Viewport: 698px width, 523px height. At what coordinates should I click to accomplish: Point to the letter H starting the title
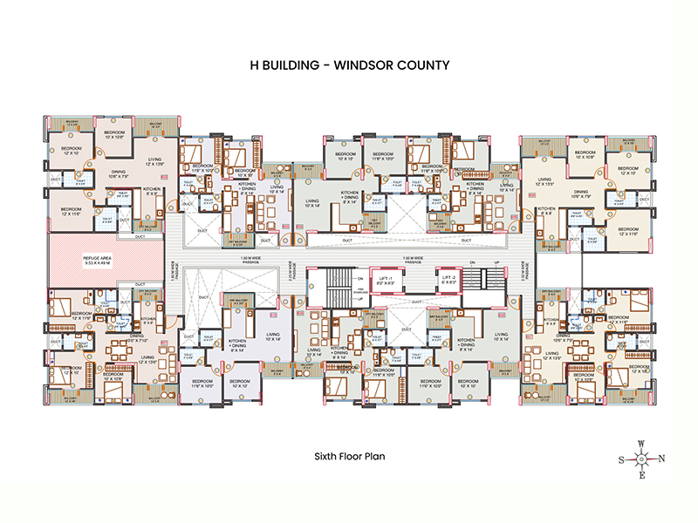tap(253, 65)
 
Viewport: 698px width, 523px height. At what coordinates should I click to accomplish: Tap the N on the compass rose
tap(661, 459)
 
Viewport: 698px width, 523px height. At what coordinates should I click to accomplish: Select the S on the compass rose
tap(620, 459)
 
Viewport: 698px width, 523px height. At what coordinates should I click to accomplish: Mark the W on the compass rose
tap(641, 443)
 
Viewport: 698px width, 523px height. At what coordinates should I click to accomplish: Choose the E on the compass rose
tap(641, 477)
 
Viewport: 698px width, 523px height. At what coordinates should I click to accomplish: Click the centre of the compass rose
tap(641, 459)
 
